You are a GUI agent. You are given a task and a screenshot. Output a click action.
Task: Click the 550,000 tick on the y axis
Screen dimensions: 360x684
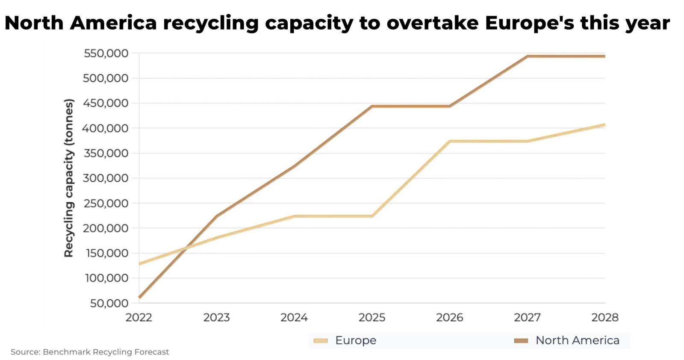tap(106, 53)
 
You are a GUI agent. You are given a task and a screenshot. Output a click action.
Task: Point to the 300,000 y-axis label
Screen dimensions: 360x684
tap(106, 178)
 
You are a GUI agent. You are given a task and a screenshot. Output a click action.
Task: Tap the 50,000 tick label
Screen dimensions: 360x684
tap(109, 303)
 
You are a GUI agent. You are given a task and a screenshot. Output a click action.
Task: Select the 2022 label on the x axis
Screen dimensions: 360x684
tap(139, 318)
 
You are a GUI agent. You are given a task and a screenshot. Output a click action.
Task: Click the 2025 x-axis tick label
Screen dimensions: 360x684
tap(372, 318)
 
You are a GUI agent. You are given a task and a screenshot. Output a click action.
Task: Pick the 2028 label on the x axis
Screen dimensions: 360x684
tap(604, 318)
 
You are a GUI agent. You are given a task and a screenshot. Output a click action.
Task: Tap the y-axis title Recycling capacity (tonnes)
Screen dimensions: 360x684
tap(69, 178)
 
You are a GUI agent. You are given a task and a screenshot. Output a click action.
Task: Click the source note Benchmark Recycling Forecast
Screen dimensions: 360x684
tap(90, 352)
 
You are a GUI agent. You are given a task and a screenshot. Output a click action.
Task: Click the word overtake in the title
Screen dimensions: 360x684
tap(432, 23)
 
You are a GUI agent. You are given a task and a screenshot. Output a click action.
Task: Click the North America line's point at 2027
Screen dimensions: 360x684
tap(527, 56)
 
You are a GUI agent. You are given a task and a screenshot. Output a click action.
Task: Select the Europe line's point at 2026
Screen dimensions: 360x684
tap(450, 141)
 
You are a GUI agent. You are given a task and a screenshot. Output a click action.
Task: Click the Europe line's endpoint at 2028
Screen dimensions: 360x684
tap(604, 125)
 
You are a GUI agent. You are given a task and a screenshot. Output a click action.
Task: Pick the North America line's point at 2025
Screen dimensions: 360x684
tap(372, 106)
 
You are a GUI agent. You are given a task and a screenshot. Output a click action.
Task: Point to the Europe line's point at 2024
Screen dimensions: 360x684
tap(294, 216)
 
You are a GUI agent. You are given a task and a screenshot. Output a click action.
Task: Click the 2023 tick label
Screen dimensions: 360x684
tap(217, 318)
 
